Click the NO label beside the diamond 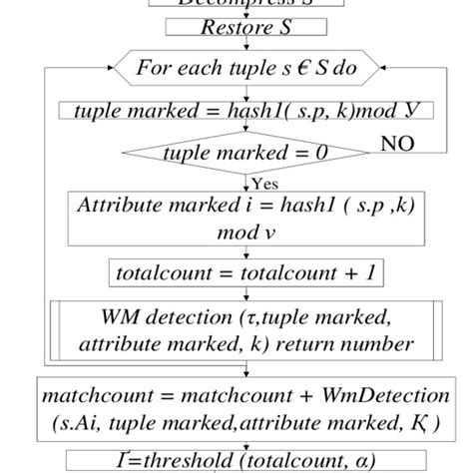[397, 146]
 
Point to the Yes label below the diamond [263, 184]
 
